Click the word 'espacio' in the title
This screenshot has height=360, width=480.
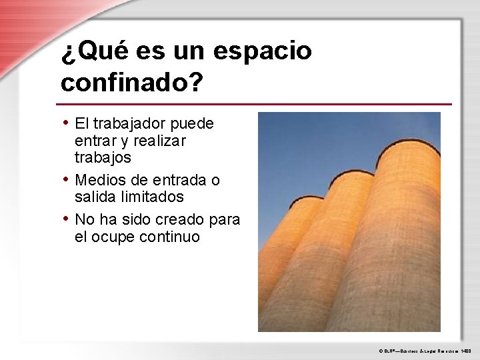263,51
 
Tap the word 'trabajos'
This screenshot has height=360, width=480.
103,158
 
